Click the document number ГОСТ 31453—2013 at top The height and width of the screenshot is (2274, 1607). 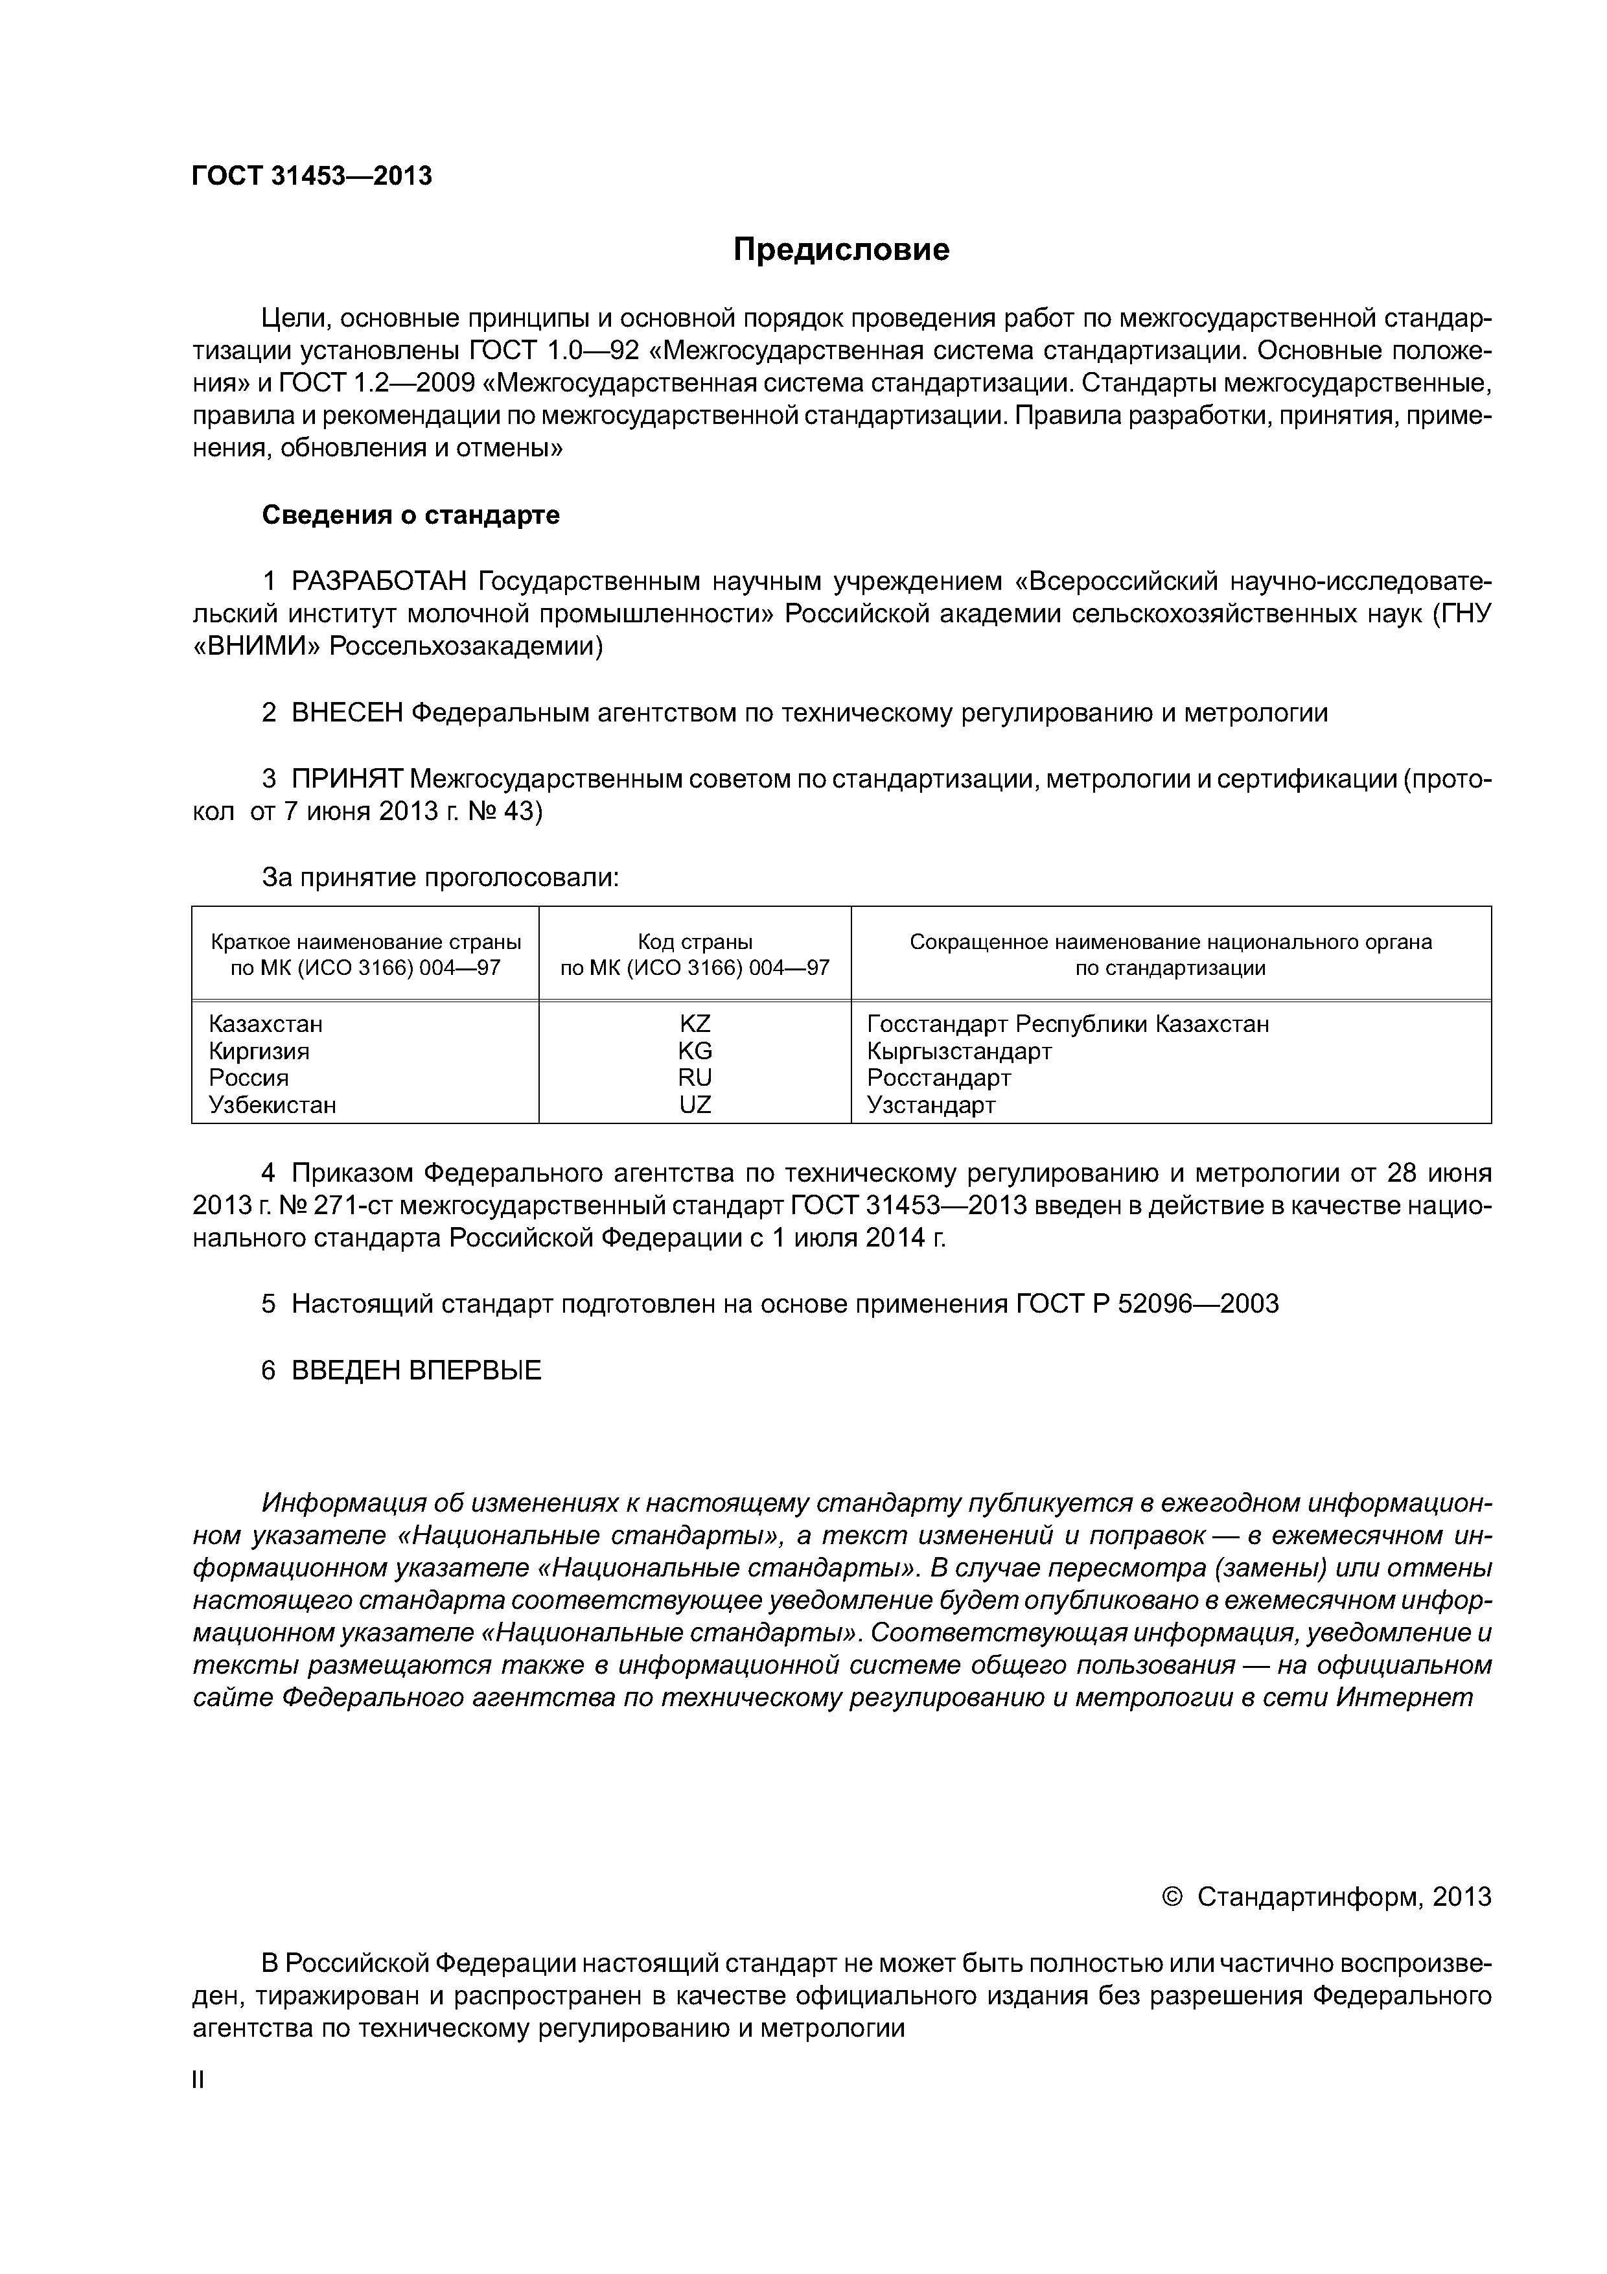(x=312, y=176)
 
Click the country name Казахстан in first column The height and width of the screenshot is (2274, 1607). (x=266, y=1023)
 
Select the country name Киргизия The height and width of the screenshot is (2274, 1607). (x=259, y=1050)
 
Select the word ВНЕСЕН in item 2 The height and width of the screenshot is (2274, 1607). (x=347, y=712)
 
